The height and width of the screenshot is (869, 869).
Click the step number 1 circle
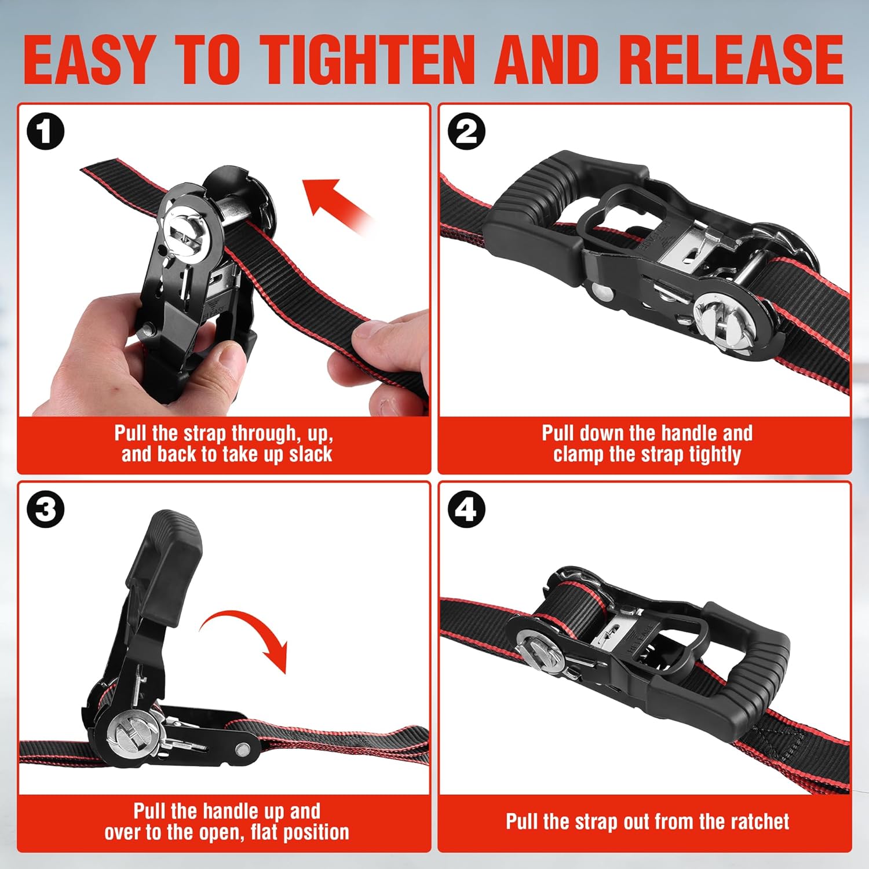click(45, 132)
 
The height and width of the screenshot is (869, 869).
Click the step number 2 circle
click(466, 132)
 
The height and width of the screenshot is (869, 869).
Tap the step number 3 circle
click(45, 510)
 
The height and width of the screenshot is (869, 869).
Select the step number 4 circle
click(466, 510)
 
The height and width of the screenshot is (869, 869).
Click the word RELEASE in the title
click(731, 60)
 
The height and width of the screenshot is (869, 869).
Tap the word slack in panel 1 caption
click(311, 454)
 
